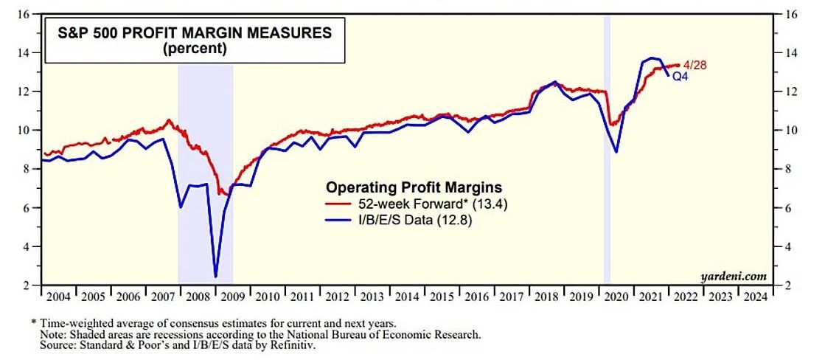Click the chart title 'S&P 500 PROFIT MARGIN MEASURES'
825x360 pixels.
(x=189, y=33)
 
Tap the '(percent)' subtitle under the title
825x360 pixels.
(x=189, y=49)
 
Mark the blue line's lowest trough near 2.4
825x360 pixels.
(x=215, y=277)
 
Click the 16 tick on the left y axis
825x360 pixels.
(x=24, y=15)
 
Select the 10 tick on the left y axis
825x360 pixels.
(x=24, y=131)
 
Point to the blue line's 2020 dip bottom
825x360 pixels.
(x=616, y=151)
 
